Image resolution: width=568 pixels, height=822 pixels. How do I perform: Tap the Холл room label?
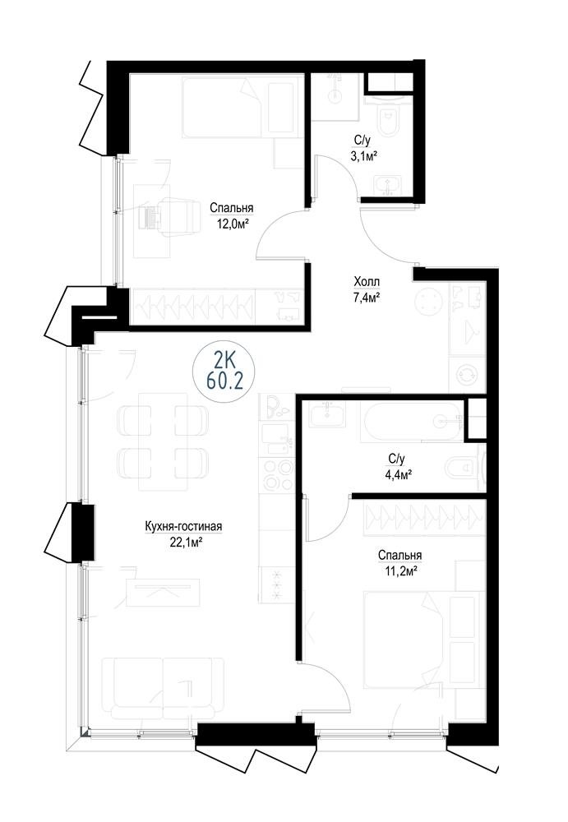[x=367, y=282]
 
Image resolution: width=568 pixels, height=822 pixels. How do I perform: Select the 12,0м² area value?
[x=233, y=224]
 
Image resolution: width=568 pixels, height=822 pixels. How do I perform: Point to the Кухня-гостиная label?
[x=184, y=526]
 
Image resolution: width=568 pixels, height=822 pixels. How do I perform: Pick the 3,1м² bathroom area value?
[x=366, y=155]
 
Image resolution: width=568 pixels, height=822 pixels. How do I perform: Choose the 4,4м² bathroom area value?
[x=397, y=474]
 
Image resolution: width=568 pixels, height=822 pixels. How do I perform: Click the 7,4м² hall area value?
[x=366, y=298]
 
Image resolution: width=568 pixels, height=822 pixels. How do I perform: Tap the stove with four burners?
[x=276, y=474]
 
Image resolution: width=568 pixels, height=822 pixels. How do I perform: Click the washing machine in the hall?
[x=466, y=374]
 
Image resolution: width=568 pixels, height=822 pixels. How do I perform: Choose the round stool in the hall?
[x=430, y=302]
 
